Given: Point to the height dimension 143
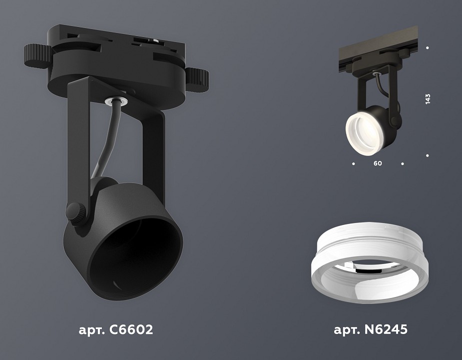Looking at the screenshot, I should tap(428, 98).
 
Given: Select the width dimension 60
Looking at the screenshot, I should tap(378, 163).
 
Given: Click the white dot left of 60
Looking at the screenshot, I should tap(354, 163).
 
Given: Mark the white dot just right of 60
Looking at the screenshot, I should tap(402, 163).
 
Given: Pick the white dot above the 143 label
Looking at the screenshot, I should tap(428, 48).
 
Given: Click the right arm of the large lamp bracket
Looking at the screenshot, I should tap(154, 150).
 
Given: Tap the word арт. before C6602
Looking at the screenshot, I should tap(93, 330).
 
